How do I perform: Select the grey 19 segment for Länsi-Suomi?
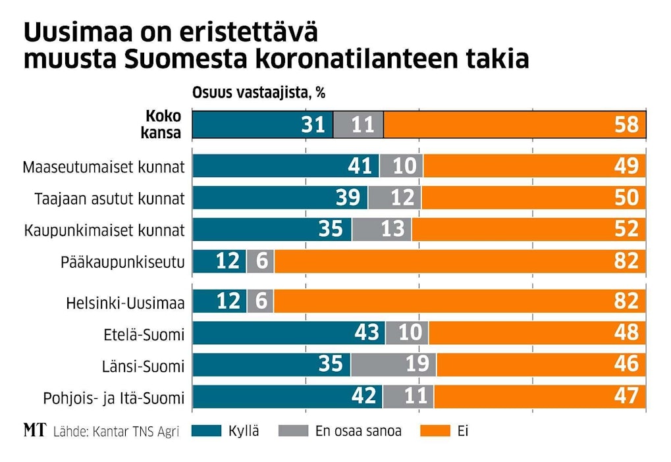[393, 365]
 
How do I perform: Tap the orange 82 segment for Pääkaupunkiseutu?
[460, 261]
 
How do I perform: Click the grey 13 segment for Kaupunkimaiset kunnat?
[381, 229]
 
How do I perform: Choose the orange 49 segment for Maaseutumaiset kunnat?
[534, 167]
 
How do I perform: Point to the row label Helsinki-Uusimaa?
[125, 303]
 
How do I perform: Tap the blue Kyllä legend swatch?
[205, 431]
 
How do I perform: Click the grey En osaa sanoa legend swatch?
[293, 431]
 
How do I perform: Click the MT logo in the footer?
[34, 431]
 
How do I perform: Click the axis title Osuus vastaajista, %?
[258, 93]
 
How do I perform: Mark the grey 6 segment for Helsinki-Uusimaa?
[260, 301]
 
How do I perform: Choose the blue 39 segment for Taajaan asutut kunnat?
[280, 197]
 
